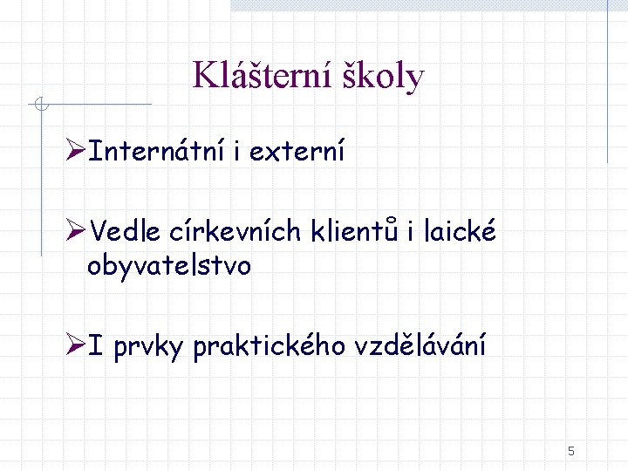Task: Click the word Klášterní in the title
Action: [x=258, y=76]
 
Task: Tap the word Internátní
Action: [x=157, y=152]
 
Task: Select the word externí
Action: [x=297, y=152]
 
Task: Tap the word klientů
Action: [x=354, y=231]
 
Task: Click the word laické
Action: [x=459, y=231]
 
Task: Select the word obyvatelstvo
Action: [x=169, y=265]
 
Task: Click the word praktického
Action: [x=270, y=346]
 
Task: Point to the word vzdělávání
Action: [x=420, y=346]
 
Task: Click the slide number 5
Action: [x=570, y=451]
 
